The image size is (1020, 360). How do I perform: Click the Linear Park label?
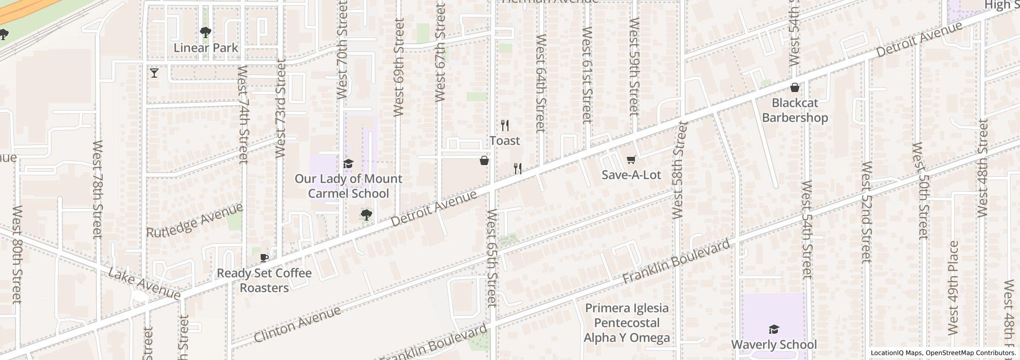(x=206, y=48)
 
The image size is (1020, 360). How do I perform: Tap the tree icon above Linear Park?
(x=206, y=33)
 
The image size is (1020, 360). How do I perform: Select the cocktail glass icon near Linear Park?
(x=154, y=73)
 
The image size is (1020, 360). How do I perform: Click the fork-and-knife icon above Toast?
(x=505, y=125)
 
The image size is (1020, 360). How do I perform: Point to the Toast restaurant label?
(x=504, y=140)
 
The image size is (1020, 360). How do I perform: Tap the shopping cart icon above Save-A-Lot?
(x=631, y=160)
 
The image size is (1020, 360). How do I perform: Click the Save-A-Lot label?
(x=631, y=175)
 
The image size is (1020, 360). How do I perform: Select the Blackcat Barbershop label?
(x=794, y=110)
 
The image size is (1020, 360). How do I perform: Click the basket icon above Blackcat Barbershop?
(x=794, y=87)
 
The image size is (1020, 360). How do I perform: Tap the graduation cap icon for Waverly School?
(x=773, y=330)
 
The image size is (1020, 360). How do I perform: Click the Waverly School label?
(x=773, y=345)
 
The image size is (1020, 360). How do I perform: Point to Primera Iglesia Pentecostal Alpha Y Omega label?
(x=627, y=323)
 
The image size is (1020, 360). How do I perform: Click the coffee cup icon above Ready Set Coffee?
(x=264, y=258)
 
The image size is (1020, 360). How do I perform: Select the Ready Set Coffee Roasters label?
(x=264, y=280)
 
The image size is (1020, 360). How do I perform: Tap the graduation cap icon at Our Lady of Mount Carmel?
(x=348, y=164)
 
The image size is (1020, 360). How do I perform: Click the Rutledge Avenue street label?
(x=194, y=221)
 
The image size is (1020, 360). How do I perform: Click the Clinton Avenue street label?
(x=297, y=325)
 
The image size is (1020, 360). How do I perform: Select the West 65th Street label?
(x=491, y=257)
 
